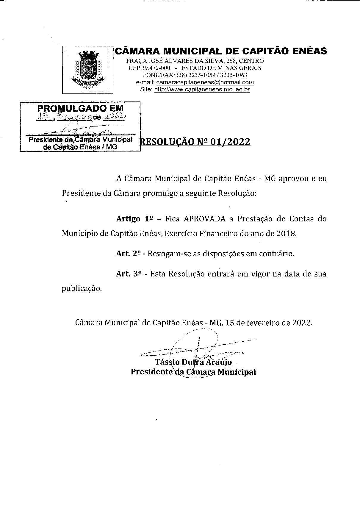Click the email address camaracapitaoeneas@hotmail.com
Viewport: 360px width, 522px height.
pos(205,82)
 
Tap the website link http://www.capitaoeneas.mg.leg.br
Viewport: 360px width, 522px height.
pos(202,90)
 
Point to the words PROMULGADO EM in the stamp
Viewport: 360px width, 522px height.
pos(80,108)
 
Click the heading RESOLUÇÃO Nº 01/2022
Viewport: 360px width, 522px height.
pos(195,142)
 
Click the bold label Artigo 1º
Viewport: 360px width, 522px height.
pos(134,219)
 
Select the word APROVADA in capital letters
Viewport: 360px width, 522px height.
pos(204,219)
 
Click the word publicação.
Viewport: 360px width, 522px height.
pos(82,288)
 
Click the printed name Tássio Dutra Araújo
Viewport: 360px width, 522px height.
pos(193,362)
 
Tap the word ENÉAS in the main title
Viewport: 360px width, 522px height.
pos(309,51)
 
